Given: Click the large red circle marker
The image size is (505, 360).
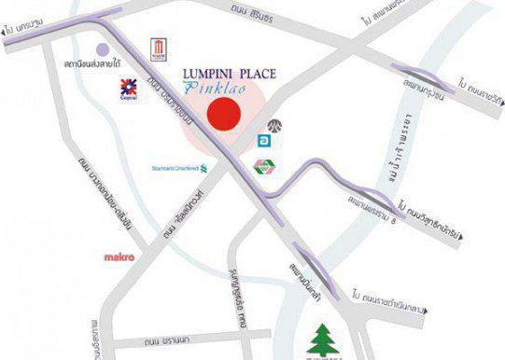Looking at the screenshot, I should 224,115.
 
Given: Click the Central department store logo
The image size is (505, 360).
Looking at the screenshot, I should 127,89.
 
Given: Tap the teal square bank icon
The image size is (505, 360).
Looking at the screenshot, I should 265,141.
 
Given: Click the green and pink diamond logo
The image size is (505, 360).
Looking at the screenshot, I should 263,166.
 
